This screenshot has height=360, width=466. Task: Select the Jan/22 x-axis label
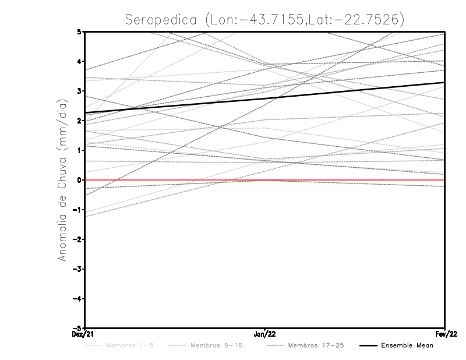[265, 334]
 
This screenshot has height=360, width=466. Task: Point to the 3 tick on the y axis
[79, 91]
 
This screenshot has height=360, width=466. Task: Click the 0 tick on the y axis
[79, 180]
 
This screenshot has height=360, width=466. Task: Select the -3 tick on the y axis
[77, 269]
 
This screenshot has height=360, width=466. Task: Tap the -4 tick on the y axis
[77, 299]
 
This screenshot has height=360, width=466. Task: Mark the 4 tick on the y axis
[79, 61]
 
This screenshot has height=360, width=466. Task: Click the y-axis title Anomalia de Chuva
[62, 180]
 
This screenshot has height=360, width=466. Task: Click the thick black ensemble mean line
[265, 97]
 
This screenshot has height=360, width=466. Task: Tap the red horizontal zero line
[349, 180]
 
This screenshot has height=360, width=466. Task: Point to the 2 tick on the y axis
[79, 121]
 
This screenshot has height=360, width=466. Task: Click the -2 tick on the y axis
[77, 239]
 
